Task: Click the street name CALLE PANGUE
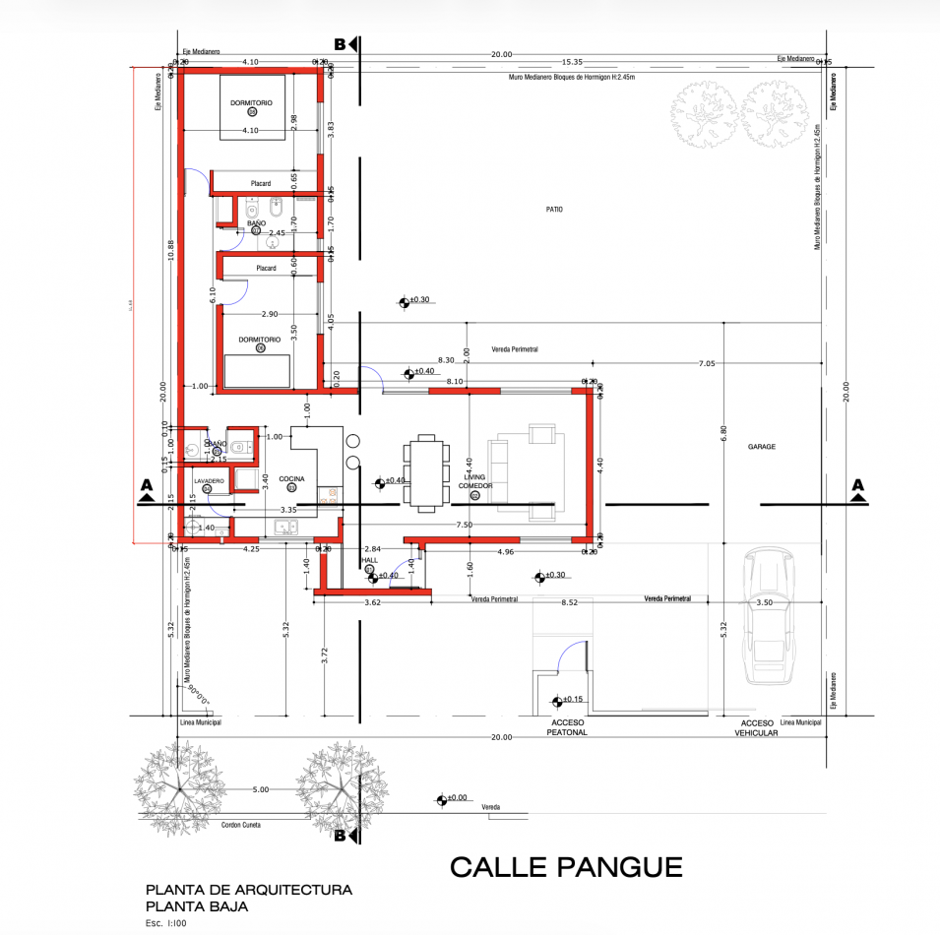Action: click(566, 867)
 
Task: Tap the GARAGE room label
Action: click(761, 447)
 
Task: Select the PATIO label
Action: click(555, 210)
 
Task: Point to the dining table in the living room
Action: click(425, 473)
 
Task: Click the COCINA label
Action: click(291, 478)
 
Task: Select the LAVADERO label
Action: click(208, 480)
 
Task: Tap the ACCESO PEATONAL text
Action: click(568, 727)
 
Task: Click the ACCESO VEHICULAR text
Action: click(752, 727)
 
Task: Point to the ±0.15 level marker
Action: click(571, 700)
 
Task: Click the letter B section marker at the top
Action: click(341, 44)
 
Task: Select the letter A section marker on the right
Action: click(857, 485)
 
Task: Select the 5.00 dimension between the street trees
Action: click(260, 789)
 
